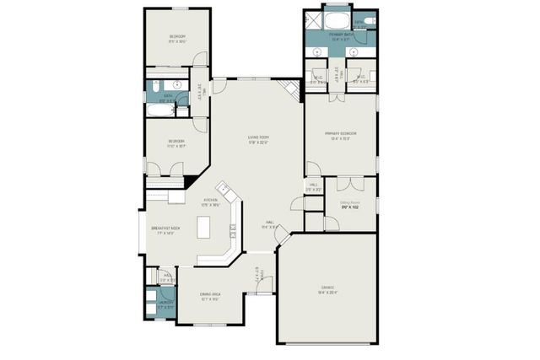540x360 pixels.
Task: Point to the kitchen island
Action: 203,228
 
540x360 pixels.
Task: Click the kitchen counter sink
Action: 224,190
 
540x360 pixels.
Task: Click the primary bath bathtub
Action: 336,19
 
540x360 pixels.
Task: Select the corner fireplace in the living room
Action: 292,89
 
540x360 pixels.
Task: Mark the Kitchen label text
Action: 210,201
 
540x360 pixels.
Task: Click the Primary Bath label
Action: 341,36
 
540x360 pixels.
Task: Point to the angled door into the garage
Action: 283,240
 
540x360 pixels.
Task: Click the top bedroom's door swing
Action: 199,60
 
